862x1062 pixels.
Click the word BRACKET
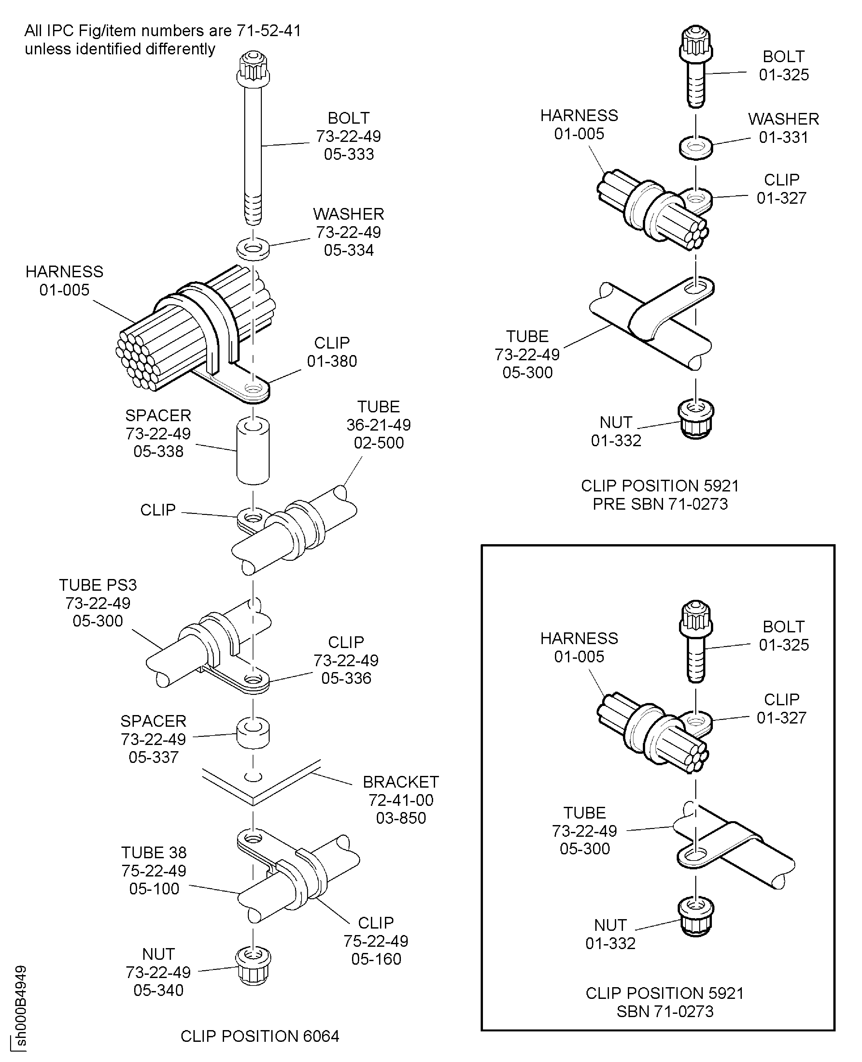(400, 782)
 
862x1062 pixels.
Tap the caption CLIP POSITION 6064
(260, 1036)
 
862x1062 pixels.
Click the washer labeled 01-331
(696, 148)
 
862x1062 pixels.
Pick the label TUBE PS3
(98, 585)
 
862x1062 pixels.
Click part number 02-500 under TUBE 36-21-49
(378, 443)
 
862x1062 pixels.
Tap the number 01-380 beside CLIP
(332, 361)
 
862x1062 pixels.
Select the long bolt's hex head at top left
(253, 69)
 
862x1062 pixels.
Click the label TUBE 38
(154, 853)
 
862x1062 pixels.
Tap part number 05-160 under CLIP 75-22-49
(376, 959)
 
